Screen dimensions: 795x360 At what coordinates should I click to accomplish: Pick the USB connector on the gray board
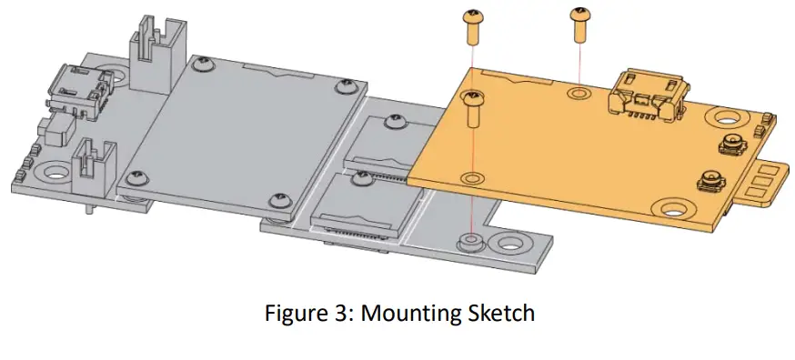[78, 93]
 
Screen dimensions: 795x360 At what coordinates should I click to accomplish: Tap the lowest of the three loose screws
[472, 109]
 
